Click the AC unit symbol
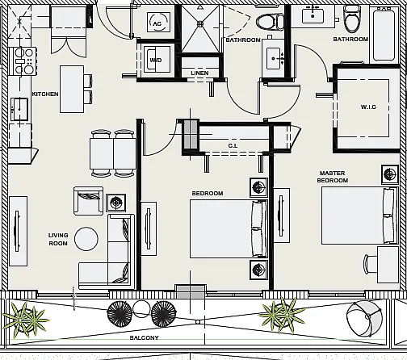tap(158, 22)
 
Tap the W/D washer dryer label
tap(156, 60)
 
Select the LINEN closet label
tap(199, 73)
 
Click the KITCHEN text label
tap(45, 94)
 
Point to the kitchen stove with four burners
tap(23, 61)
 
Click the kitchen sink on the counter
tap(19, 109)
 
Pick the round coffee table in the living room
tap(86, 239)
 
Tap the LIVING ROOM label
tap(58, 239)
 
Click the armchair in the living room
tap(88, 201)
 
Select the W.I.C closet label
tap(368, 107)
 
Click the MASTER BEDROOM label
tap(333, 177)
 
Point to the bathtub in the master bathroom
tap(384, 34)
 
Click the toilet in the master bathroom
tap(351, 19)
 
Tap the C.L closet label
tap(233, 145)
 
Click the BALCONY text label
tap(145, 337)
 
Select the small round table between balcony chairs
tap(141, 309)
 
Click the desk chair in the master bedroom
tap(370, 264)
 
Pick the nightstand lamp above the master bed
tap(389, 174)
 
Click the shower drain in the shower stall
tap(200, 24)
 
